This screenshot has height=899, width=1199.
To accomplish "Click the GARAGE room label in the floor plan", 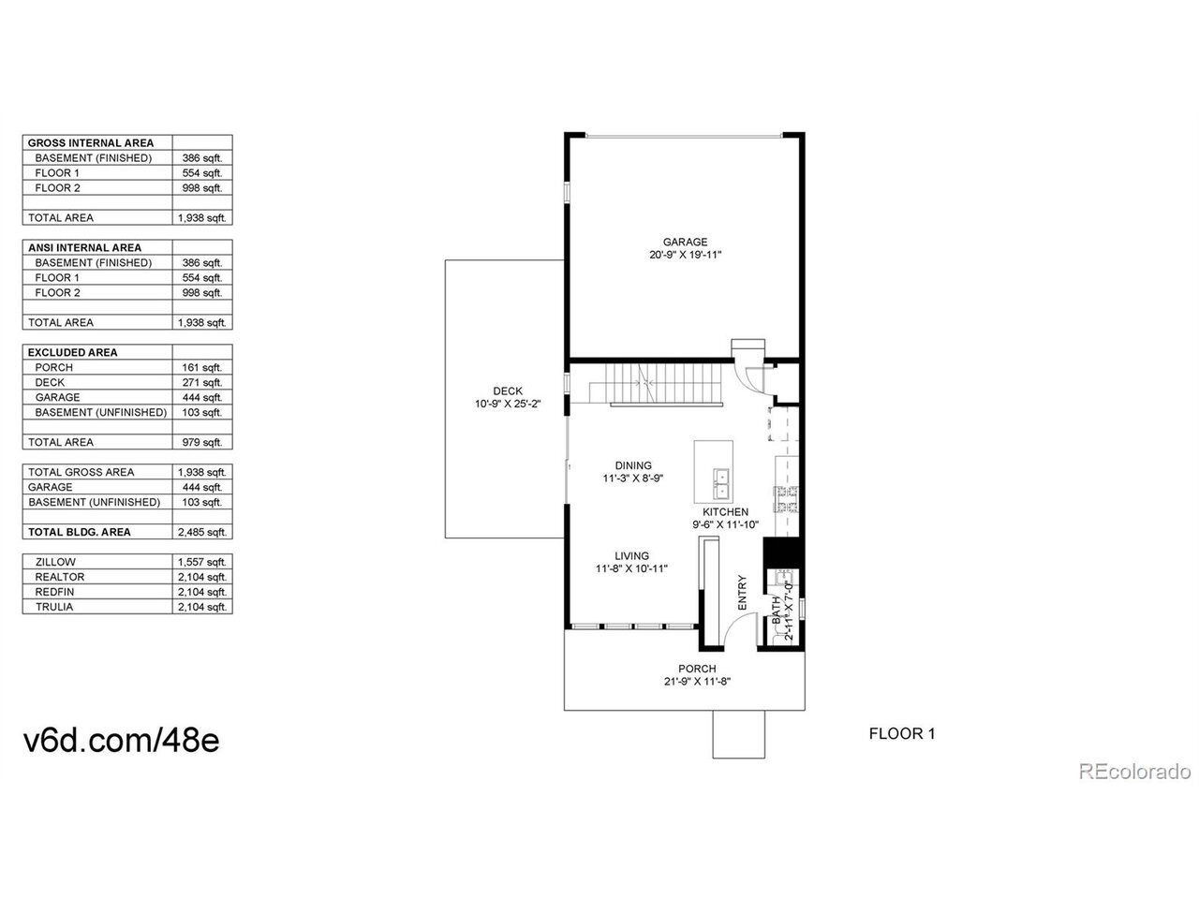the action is click(685, 242).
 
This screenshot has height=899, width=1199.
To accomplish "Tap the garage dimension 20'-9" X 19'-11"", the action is click(685, 255).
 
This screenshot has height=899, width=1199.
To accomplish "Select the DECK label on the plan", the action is click(508, 391).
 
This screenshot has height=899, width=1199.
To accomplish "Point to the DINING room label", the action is click(633, 465).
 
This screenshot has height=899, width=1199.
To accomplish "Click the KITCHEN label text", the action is click(725, 512).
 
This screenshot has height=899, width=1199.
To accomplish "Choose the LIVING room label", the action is click(632, 555).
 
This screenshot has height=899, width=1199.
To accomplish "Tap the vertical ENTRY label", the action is click(742, 593).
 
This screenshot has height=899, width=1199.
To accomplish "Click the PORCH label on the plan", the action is click(697, 669).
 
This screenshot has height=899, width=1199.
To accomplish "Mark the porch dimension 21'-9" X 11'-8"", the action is click(697, 681).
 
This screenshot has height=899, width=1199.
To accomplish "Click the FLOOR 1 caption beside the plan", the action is click(902, 733).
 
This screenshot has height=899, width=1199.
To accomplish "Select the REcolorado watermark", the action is click(1134, 772).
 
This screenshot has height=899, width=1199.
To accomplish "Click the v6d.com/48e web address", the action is click(121, 740).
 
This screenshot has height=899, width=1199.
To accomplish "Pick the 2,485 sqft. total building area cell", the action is click(202, 532).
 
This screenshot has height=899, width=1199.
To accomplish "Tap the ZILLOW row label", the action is click(55, 562).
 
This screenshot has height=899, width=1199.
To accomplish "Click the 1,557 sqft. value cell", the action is click(202, 562).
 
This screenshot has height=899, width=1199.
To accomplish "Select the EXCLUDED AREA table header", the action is click(73, 353).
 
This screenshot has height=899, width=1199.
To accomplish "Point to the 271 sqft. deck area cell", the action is click(202, 383).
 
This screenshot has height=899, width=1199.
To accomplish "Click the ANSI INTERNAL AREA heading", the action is click(84, 248).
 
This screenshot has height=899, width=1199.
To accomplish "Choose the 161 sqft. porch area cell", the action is click(202, 367).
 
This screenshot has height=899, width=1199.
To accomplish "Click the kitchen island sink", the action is click(720, 483).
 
